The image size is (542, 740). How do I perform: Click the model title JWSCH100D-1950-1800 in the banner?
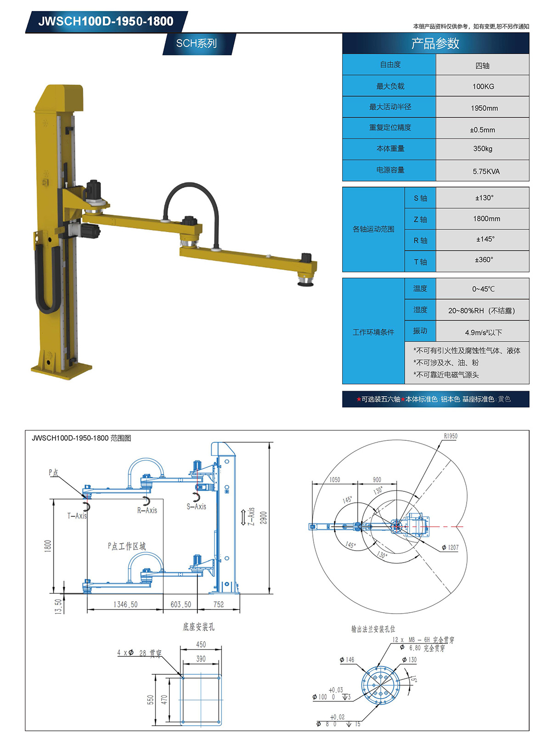point(106,21)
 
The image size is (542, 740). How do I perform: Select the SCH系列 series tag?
point(197,43)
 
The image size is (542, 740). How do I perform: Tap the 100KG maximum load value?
point(483,86)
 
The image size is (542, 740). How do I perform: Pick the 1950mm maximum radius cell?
point(484,108)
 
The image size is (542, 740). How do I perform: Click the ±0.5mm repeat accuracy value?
point(482,130)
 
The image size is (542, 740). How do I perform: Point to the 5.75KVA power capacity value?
point(486,171)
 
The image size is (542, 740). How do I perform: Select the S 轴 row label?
point(420,198)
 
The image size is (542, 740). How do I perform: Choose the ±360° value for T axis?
point(484,260)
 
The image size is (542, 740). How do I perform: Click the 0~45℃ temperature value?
point(483,289)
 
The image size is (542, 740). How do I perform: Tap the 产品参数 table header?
point(435,44)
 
